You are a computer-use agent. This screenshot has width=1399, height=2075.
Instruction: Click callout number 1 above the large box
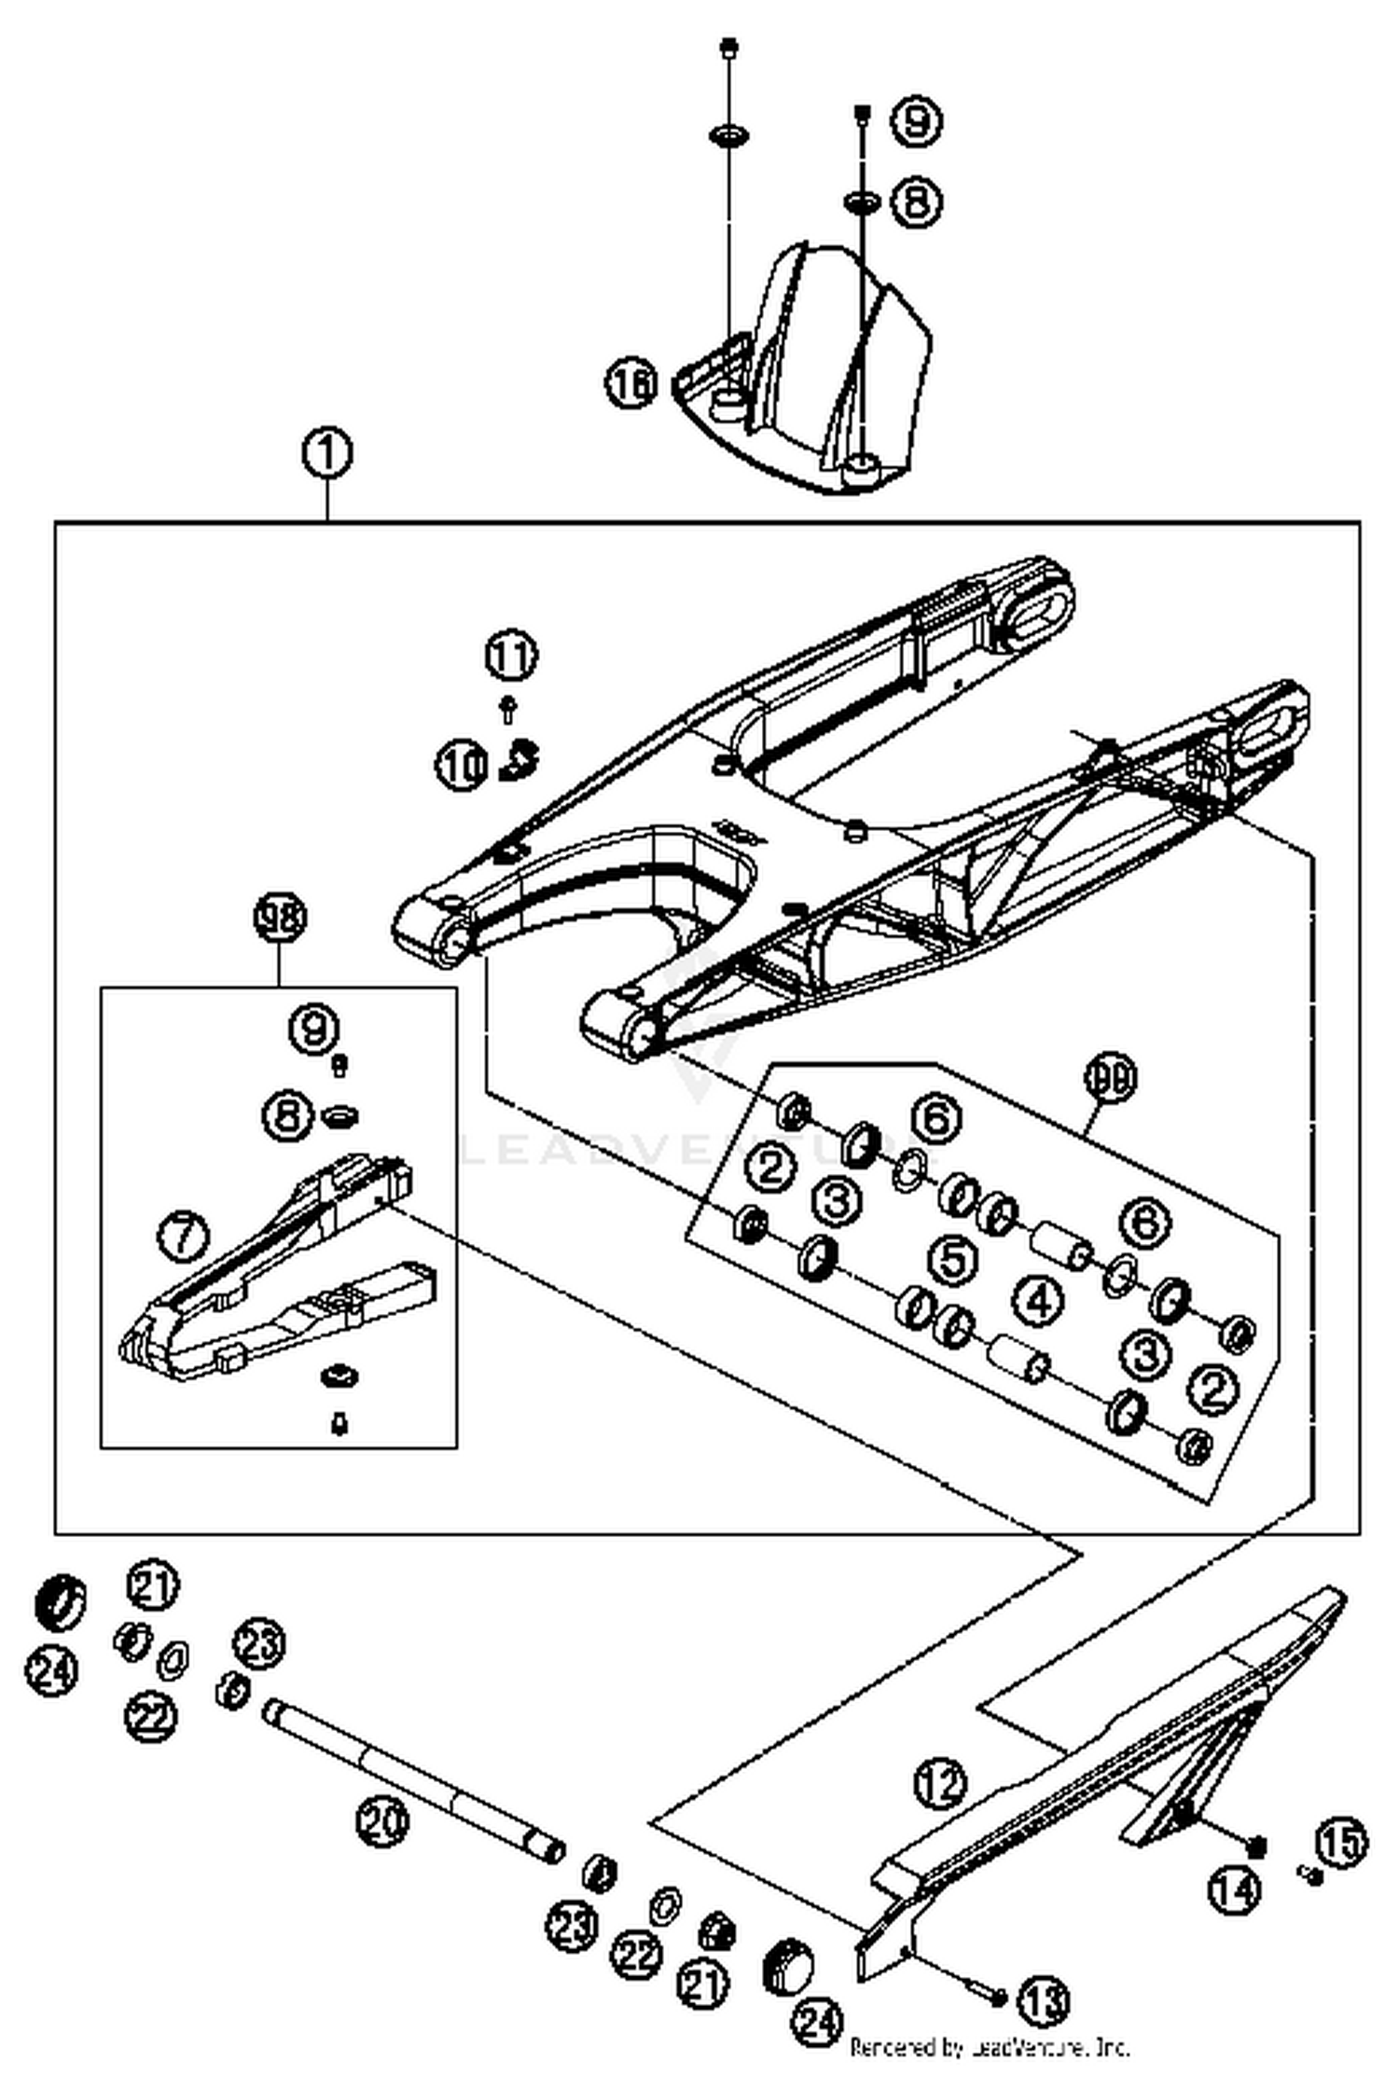tap(327, 454)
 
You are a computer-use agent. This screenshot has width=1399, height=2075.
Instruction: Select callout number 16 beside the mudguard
tap(632, 383)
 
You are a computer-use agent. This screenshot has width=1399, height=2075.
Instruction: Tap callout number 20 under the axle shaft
tap(381, 1819)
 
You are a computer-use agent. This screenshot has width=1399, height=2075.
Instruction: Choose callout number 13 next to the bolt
tap(1042, 1999)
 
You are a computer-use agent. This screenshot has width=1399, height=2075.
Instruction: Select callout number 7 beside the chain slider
tap(183, 1236)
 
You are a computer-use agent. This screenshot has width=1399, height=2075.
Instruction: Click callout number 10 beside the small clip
tap(462, 766)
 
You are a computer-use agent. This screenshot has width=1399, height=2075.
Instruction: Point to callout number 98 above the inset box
tap(280, 918)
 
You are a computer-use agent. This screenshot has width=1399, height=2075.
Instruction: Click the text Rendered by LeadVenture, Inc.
tap(989, 2048)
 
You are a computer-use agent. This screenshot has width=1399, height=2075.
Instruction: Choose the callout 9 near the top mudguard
tap(915, 121)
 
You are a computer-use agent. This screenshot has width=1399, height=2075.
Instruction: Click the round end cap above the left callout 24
tap(60, 1602)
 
